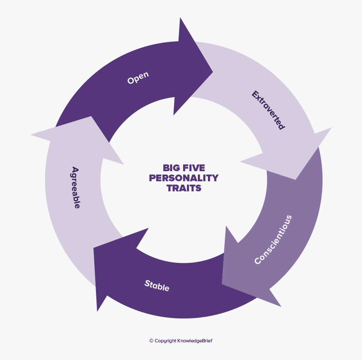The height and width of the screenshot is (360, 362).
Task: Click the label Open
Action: pos(138,78)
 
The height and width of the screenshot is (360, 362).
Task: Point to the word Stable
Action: pos(157,286)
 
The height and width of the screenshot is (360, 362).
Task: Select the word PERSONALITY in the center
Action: pos(184,178)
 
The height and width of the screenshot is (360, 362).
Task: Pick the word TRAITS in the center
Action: pos(184,188)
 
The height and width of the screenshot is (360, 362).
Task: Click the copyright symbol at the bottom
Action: pos(152,341)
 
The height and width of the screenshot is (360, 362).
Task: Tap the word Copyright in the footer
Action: pos(165,341)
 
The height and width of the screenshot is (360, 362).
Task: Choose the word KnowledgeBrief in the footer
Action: pos(195,341)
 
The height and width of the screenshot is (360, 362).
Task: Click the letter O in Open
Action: pos(130,81)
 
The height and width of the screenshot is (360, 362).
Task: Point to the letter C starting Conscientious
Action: pos(258,261)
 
